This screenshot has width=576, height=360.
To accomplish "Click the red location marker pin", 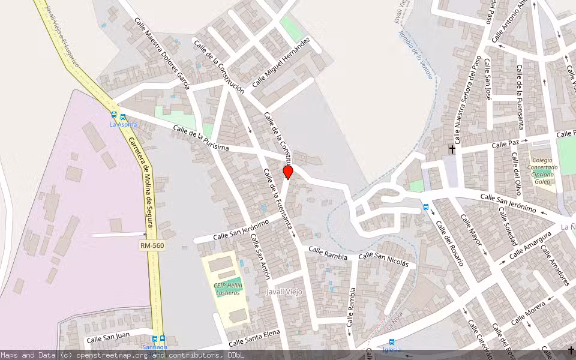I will click(x=288, y=172).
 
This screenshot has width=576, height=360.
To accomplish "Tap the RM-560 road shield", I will click(x=152, y=245).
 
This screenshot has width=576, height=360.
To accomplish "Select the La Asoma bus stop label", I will click(x=122, y=124).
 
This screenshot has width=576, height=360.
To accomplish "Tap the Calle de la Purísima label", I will click(x=201, y=139).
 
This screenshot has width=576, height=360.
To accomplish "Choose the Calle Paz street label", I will click(x=505, y=144).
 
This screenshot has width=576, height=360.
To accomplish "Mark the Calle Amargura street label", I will click(x=530, y=245).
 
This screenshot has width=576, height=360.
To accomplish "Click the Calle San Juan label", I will click(x=108, y=340).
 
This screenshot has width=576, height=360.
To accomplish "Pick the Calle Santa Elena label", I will click(x=254, y=339).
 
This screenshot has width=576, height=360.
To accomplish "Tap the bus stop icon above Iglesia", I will click(x=391, y=342).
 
